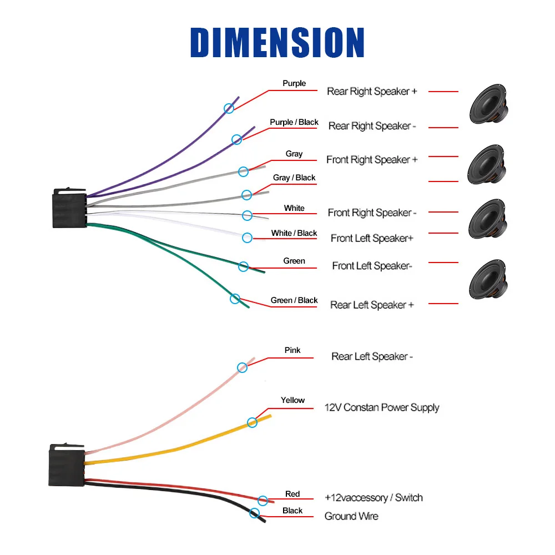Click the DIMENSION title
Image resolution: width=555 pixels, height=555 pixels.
coord(277,42)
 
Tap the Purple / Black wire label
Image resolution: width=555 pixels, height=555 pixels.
coord(294,122)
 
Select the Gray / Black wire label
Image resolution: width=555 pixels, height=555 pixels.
coord(294,178)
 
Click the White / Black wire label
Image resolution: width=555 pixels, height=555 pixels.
coord(294,233)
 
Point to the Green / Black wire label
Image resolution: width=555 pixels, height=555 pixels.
coord(294,300)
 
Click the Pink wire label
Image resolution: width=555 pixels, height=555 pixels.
coord(292,350)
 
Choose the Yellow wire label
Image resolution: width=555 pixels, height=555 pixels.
coord(292,400)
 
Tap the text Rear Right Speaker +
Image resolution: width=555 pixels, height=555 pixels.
coord(372,92)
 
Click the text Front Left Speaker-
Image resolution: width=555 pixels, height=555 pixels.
coord(372,266)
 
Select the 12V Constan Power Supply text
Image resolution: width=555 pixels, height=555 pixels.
coord(382,407)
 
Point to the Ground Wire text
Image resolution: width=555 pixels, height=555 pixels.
coord(351,516)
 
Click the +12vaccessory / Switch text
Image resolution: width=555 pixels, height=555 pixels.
coord(374,498)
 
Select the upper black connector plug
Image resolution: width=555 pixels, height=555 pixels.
coord(69,208)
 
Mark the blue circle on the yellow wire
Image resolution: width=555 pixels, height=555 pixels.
coord(253,422)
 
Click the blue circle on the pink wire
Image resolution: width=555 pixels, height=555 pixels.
coord(242,367)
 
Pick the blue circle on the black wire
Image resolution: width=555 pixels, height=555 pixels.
coord(255,513)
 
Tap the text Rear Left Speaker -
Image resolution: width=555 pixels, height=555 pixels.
coord(372,357)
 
